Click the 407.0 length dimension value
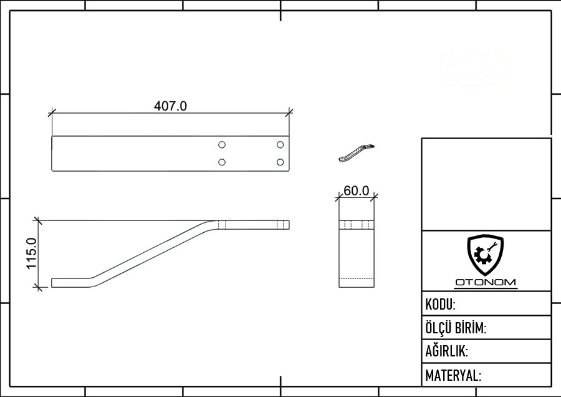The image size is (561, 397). point(170,106)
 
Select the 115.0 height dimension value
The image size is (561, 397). point(32,253)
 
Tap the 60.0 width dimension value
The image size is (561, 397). point(357,191)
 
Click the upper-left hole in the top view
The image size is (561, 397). point(222,145)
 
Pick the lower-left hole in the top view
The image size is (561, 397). point(222,162)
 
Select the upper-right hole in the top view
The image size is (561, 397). point(280,145)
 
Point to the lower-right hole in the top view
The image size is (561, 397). point(280,162)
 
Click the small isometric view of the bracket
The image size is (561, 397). point(357,154)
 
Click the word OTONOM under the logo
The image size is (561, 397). point(486,282)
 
